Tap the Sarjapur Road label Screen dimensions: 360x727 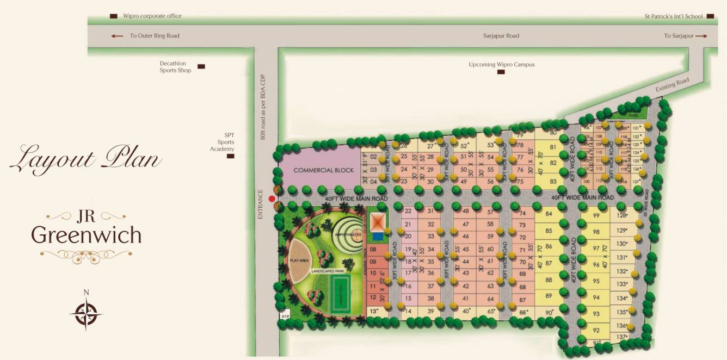click(x=501, y=36)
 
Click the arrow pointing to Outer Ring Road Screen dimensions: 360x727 click(x=117, y=36)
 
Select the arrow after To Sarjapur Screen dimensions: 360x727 click(x=701, y=36)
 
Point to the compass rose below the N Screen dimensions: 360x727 click(x=86, y=314)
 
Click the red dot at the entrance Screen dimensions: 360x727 click(x=272, y=199)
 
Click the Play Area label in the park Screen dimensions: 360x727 click(x=299, y=260)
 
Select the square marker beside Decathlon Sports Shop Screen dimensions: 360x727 click(x=201, y=66)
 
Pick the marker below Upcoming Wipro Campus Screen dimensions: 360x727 click(x=501, y=72)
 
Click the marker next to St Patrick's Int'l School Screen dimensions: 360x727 click(x=710, y=16)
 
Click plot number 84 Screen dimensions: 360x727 click(x=549, y=214)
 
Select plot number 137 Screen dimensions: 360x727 click(x=621, y=337)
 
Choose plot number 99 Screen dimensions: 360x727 click(x=596, y=216)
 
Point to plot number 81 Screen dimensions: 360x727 click(x=553, y=147)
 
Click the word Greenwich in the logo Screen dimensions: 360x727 click(x=86, y=235)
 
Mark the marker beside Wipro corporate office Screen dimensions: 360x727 click(x=113, y=16)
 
